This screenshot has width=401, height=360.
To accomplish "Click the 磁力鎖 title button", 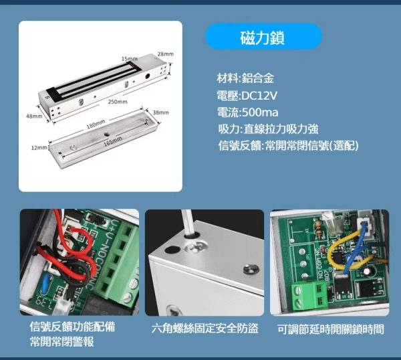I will tap(263, 37).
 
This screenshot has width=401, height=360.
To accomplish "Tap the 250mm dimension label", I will tap(118, 102).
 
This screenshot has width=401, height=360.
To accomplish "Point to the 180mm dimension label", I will tap(96, 124).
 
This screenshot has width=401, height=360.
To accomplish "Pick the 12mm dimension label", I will tap(39, 147).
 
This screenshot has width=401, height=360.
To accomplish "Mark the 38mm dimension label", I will tap(160, 112).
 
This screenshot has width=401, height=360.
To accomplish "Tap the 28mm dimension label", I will tap(165, 54).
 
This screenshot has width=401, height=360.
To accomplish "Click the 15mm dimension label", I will tap(129, 59).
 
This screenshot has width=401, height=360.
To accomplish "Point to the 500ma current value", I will tap(253, 111).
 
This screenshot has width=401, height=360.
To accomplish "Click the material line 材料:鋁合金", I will tap(245, 78).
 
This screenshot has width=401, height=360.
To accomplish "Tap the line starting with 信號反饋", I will tap(288, 145).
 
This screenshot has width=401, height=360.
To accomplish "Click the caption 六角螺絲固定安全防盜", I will tap(204, 329).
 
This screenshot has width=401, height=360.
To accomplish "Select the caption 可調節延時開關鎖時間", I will tap(330, 329).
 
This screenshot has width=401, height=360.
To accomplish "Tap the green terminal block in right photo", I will tap(311, 292).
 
